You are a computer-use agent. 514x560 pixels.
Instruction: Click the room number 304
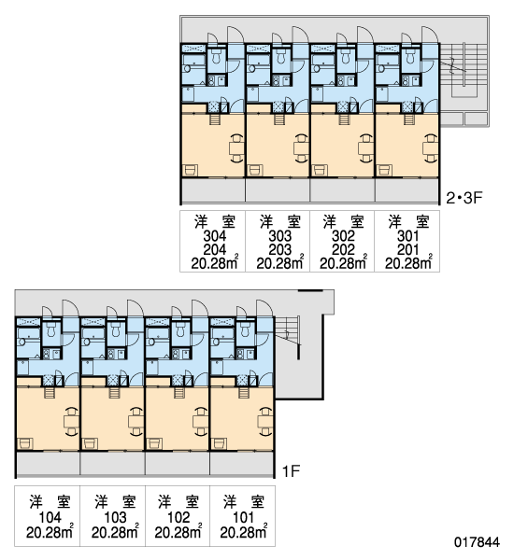[x=215, y=236]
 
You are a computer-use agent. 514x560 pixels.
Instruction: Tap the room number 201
[x=407, y=250]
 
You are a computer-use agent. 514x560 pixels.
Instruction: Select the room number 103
[x=115, y=517]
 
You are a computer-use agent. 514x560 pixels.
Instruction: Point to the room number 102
[x=178, y=517]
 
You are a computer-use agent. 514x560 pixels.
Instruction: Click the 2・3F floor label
[x=464, y=198]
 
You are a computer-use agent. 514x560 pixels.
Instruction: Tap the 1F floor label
[x=291, y=471]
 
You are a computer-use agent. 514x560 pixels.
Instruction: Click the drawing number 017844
[x=477, y=542]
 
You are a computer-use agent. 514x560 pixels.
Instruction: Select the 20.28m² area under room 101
[x=244, y=532]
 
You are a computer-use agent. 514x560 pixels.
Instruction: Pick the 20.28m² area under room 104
[x=50, y=532]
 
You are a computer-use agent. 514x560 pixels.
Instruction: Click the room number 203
[x=279, y=250]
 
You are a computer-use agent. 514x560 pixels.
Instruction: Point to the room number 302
[x=343, y=236]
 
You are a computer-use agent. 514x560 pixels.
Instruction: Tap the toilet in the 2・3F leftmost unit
[x=216, y=56]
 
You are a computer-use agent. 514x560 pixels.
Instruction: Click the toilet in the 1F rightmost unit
[x=245, y=329]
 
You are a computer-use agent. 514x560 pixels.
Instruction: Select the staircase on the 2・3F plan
[x=464, y=70]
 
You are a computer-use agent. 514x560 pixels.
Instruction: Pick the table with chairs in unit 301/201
[x=431, y=147]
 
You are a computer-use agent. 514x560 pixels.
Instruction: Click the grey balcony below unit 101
[x=242, y=464]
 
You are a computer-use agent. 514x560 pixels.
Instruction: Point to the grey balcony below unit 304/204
[x=213, y=190]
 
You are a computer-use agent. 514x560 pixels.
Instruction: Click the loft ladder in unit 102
[x=178, y=392]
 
